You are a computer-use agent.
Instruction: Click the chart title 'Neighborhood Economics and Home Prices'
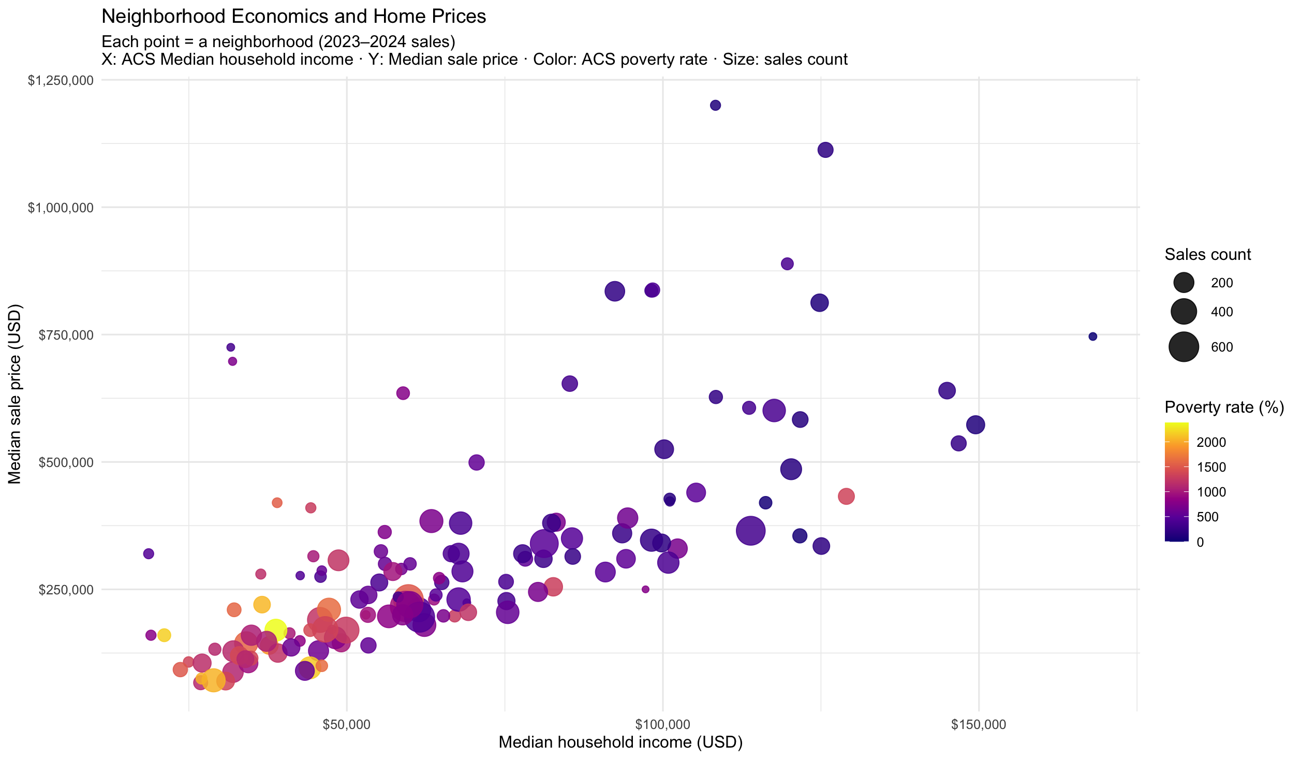(293, 17)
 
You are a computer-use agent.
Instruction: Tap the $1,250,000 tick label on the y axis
(61, 80)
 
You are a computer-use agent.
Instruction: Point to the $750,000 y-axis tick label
(66, 335)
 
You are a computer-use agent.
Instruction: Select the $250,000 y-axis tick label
(66, 590)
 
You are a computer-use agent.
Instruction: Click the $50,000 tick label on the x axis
(346, 724)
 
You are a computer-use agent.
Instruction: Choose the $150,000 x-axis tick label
(978, 724)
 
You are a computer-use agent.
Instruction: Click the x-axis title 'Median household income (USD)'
(620, 742)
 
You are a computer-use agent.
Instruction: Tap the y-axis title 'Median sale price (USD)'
(14, 394)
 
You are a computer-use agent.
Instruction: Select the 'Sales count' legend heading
(1207, 254)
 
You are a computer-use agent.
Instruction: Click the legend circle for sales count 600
(1184, 347)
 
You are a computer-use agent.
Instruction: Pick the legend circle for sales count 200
(1184, 283)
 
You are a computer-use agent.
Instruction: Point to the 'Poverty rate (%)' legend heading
(1224, 407)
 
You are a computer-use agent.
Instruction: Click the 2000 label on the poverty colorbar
(1211, 442)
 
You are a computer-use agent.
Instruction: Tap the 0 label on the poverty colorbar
(1200, 543)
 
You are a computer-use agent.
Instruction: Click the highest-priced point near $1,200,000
(715, 105)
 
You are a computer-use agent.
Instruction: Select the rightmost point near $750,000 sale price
(1092, 337)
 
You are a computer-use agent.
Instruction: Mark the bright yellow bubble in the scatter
(275, 630)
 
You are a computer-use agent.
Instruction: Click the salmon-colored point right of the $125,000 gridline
(846, 496)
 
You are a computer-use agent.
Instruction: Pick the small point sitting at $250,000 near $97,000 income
(645, 589)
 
